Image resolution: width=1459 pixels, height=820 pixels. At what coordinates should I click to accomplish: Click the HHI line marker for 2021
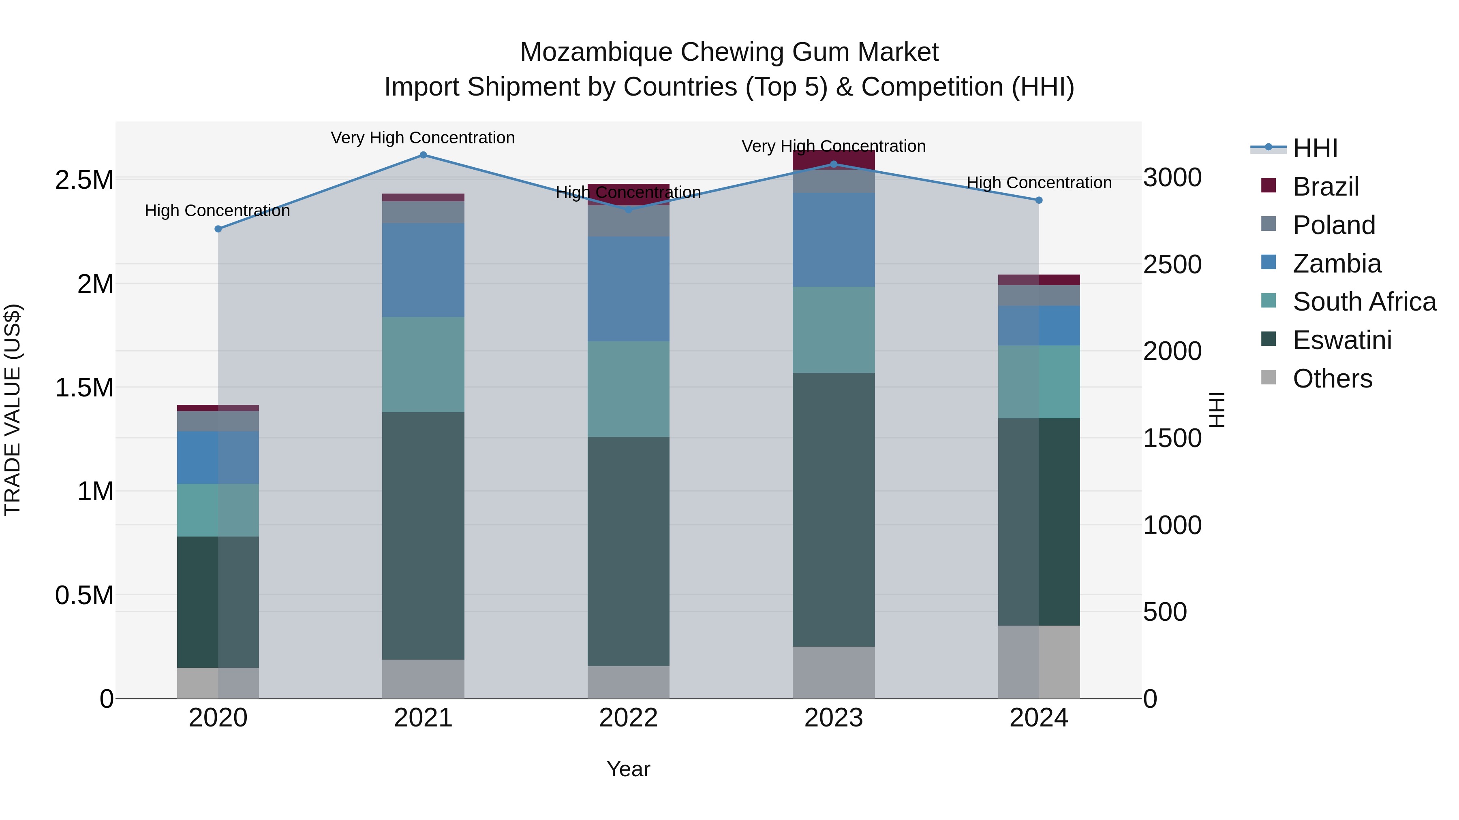pos(423,155)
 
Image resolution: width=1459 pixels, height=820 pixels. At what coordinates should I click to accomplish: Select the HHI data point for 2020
pos(218,229)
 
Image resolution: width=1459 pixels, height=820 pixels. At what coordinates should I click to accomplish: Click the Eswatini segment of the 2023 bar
pos(833,509)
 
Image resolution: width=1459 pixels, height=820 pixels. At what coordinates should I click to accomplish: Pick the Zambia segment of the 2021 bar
pos(423,270)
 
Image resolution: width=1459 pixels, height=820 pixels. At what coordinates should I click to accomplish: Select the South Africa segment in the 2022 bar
pos(628,389)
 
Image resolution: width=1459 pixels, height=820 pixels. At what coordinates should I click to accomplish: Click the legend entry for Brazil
pos(1325,187)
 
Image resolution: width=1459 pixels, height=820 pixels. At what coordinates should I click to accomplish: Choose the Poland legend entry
pos(1333,225)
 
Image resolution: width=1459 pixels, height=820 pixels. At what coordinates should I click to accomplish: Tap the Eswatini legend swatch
pos(1269,340)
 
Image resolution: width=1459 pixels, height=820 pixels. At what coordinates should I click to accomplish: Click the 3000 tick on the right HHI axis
pos(1172,178)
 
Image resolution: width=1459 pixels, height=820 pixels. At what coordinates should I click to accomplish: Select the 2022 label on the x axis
pos(628,718)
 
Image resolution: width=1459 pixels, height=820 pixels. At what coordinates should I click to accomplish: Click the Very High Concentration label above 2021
pos(423,138)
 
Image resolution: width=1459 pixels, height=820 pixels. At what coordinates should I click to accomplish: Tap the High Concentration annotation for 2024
pos(1039,183)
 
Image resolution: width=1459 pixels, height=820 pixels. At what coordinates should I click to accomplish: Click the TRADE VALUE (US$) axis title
pos(13,410)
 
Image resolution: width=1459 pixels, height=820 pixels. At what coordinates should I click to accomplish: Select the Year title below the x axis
pos(628,769)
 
